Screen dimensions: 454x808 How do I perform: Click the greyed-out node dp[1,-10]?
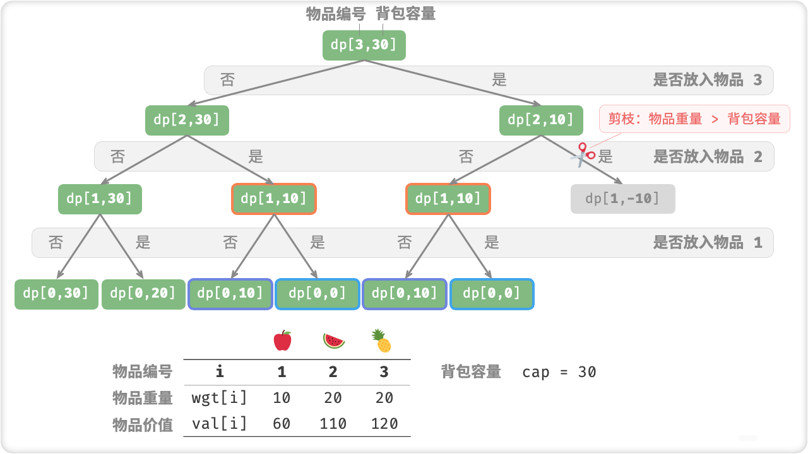pyautogui.click(x=622, y=199)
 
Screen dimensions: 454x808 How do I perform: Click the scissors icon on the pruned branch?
pyautogui.click(x=582, y=154)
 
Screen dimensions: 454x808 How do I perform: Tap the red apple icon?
pyautogui.click(x=282, y=340)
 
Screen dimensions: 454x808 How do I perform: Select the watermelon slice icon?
pyautogui.click(x=334, y=341)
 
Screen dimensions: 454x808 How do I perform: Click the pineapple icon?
pyautogui.click(x=382, y=341)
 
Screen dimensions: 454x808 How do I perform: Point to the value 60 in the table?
pyautogui.click(x=282, y=423)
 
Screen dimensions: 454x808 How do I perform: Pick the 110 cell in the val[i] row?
pyautogui.click(x=333, y=423)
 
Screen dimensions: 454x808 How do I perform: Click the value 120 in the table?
pyautogui.click(x=384, y=423)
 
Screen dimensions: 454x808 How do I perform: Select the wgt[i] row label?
pyautogui.click(x=219, y=398)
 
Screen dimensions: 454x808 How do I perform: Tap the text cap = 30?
pyautogui.click(x=559, y=372)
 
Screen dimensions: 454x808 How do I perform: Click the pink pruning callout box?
pyautogui.click(x=694, y=119)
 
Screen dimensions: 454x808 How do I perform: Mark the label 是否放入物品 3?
pyautogui.click(x=708, y=80)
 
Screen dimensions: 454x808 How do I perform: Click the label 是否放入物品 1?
pyautogui.click(x=708, y=242)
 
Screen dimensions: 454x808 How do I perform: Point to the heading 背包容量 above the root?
pyautogui.click(x=406, y=14)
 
